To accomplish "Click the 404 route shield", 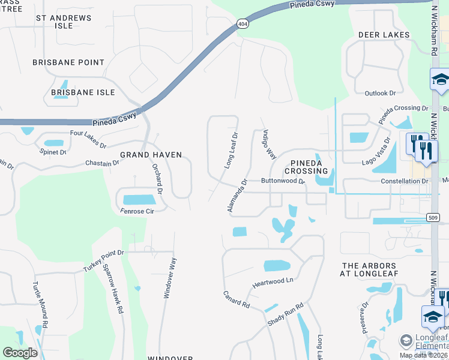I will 241,24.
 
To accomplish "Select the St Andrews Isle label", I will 64,22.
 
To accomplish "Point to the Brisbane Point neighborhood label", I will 68,62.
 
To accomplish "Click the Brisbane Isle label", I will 83,92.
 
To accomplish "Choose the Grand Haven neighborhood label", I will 151,155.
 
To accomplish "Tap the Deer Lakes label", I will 384,35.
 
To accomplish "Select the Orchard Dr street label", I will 157,179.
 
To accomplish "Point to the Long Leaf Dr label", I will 231,150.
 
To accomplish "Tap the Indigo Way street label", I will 268,144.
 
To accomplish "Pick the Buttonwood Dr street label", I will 283,181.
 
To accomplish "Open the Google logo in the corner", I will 20,352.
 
